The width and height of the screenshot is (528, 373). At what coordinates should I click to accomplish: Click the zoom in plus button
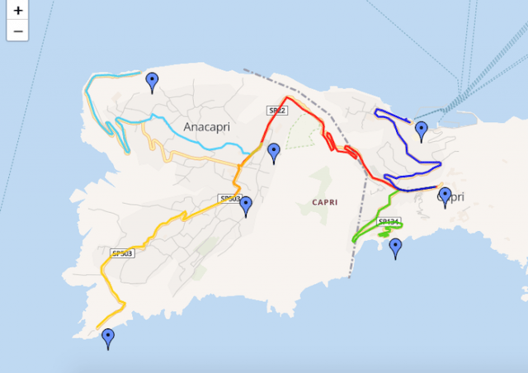[x=17, y=12]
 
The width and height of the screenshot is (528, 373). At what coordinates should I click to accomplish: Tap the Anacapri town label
[x=206, y=126]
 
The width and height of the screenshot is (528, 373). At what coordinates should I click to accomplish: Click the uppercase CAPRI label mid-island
[x=326, y=201]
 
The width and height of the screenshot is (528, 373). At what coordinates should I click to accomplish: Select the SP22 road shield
[x=276, y=110]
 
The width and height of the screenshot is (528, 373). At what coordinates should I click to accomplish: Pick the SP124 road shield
[x=389, y=221]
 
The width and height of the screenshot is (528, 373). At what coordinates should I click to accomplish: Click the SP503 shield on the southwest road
[x=122, y=253]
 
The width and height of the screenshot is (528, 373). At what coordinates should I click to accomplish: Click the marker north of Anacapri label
[x=152, y=81]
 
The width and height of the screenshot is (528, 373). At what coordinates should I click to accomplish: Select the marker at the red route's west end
[x=274, y=152]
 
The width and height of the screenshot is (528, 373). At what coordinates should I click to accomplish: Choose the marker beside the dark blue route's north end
[x=422, y=130]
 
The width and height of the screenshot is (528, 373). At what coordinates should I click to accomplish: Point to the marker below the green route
[x=396, y=248]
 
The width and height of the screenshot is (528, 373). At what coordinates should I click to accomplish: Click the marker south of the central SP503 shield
[x=245, y=206]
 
